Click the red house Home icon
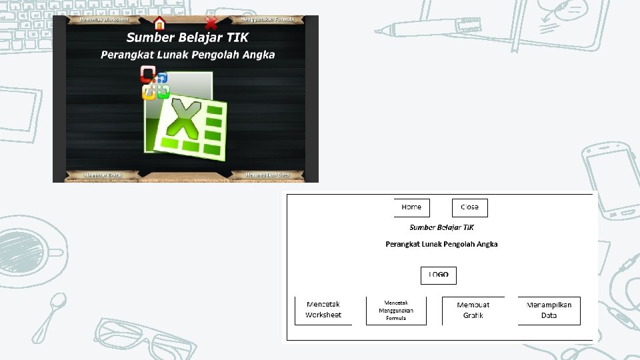(x=159, y=23)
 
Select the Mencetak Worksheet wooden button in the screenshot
(x=103, y=19)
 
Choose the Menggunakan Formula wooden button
(x=267, y=19)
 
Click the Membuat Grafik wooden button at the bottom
(x=103, y=175)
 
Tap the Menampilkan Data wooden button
(x=267, y=175)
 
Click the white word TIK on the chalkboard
(x=233, y=37)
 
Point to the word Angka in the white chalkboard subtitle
(x=259, y=55)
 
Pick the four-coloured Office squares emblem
(x=155, y=83)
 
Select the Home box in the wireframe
(x=411, y=207)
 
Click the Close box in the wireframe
(x=469, y=207)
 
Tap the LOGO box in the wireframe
(x=438, y=275)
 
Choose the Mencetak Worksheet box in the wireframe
(x=323, y=310)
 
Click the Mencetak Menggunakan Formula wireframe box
(x=396, y=310)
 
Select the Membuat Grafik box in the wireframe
(x=473, y=310)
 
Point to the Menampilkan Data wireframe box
(x=549, y=310)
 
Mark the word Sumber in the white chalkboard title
(x=149, y=37)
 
